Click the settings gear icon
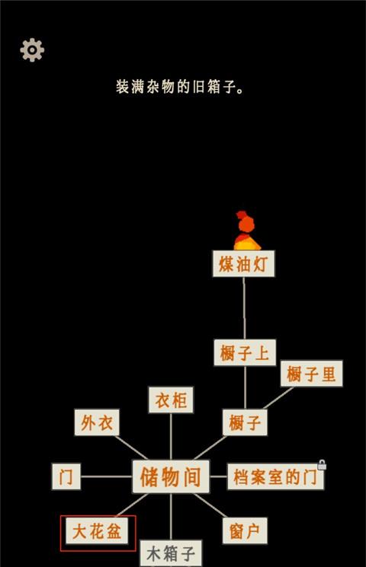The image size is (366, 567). click(x=32, y=49)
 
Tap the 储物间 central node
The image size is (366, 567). click(x=171, y=476)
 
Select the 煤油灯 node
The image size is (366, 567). click(x=243, y=263)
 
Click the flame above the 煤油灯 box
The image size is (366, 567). click(x=246, y=231)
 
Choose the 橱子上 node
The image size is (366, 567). click(x=245, y=352)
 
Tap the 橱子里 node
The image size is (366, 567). click(x=311, y=374)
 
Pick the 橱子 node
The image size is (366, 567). click(x=245, y=422)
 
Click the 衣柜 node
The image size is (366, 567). click(x=171, y=400)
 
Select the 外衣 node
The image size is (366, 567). click(x=97, y=422)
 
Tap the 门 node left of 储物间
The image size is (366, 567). click(x=66, y=476)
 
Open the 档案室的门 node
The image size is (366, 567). click(x=275, y=476)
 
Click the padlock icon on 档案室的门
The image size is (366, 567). click(x=322, y=465)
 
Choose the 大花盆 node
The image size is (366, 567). click(x=97, y=530)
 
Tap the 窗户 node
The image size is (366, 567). click(x=245, y=530)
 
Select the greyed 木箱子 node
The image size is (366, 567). click(x=171, y=553)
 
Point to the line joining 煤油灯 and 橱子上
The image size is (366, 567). click(x=244, y=308)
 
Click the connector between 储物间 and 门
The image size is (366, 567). click(x=106, y=476)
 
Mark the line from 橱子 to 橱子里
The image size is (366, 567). click(x=278, y=398)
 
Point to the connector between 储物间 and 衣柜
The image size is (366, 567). click(x=171, y=436)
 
